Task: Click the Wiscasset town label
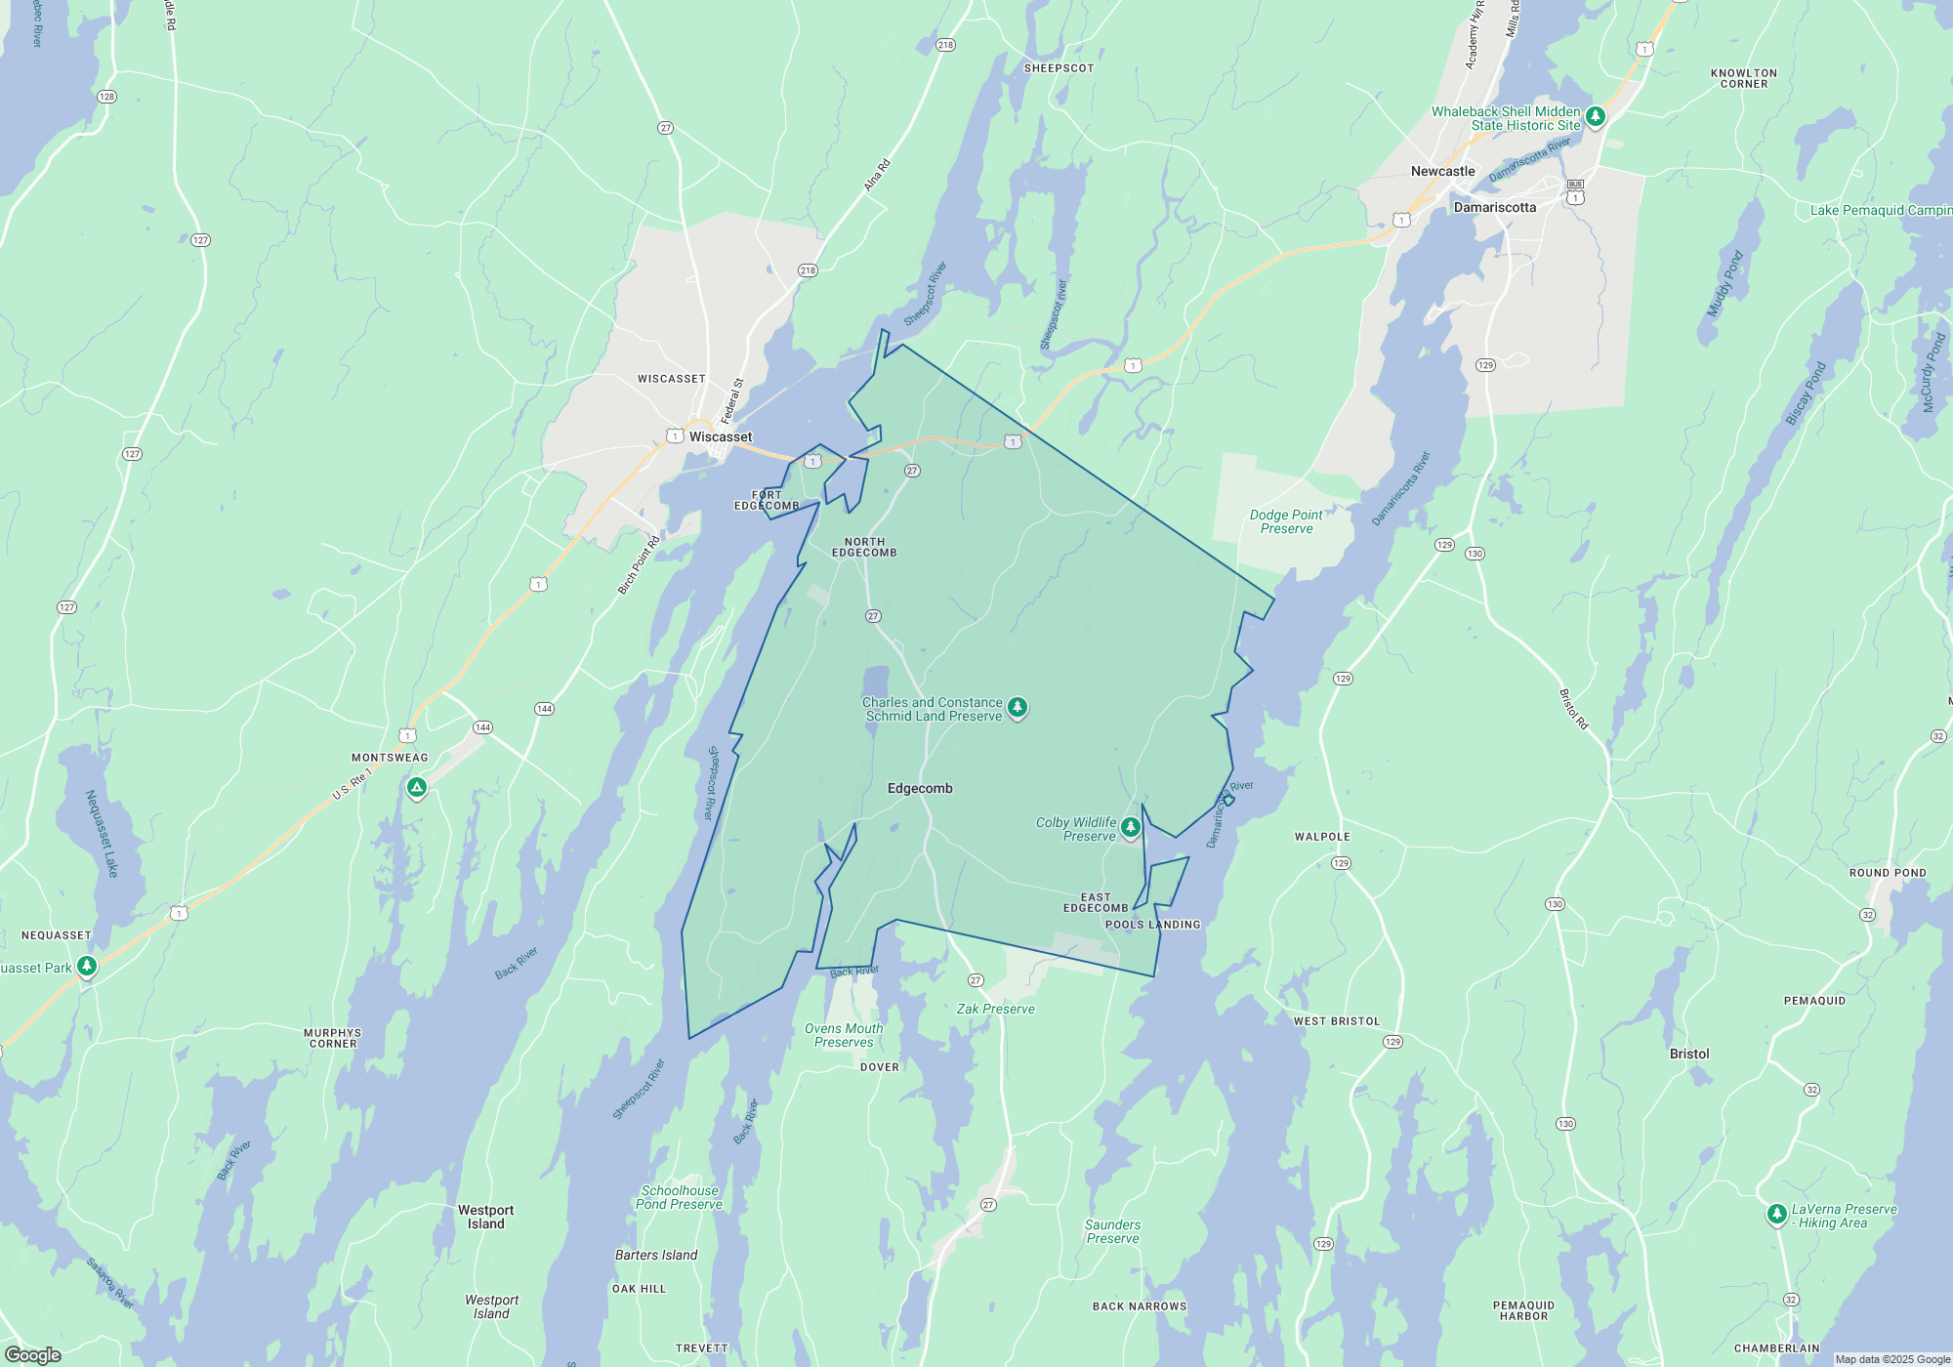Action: tap(721, 436)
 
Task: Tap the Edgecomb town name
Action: tap(920, 788)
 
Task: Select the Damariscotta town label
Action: tap(1494, 207)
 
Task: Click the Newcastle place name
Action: tap(1442, 171)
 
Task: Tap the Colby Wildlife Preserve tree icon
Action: tap(1131, 828)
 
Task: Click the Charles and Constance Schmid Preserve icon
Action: tap(1018, 707)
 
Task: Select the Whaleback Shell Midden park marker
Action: tap(1596, 117)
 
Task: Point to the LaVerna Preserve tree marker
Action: tap(1776, 1215)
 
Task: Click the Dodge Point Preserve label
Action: tap(1286, 521)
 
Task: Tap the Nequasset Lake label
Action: tap(102, 833)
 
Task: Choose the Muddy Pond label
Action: tap(1724, 284)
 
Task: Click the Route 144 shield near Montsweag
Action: tap(482, 727)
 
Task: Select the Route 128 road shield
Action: tap(106, 96)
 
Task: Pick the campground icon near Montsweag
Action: tap(417, 787)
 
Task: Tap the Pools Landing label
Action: tap(1152, 925)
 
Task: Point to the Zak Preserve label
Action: tap(995, 1009)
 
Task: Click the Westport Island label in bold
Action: tap(485, 1217)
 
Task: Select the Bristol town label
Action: tap(1689, 1054)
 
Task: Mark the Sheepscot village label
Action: tap(1059, 68)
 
